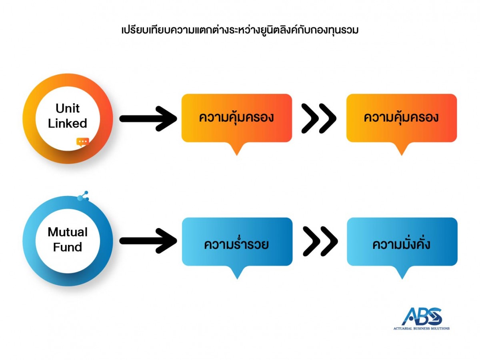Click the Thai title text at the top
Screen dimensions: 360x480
coord(240,30)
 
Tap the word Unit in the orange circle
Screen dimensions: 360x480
coord(68,108)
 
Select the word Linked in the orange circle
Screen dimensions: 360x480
coord(68,124)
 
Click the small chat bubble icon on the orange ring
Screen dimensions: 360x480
coord(83,142)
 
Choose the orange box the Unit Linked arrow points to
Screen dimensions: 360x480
coord(237,118)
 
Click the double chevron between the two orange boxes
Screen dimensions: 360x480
coord(319,118)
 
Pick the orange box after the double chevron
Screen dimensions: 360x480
coord(401,118)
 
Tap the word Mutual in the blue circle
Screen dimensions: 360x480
coord(68,232)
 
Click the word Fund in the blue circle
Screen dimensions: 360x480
coord(68,247)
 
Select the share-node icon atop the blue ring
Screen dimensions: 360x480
coord(84,196)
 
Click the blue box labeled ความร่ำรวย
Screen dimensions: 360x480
coord(237,242)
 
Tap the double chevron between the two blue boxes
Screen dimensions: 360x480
coord(320,241)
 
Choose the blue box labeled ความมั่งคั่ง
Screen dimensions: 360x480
coord(402,242)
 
